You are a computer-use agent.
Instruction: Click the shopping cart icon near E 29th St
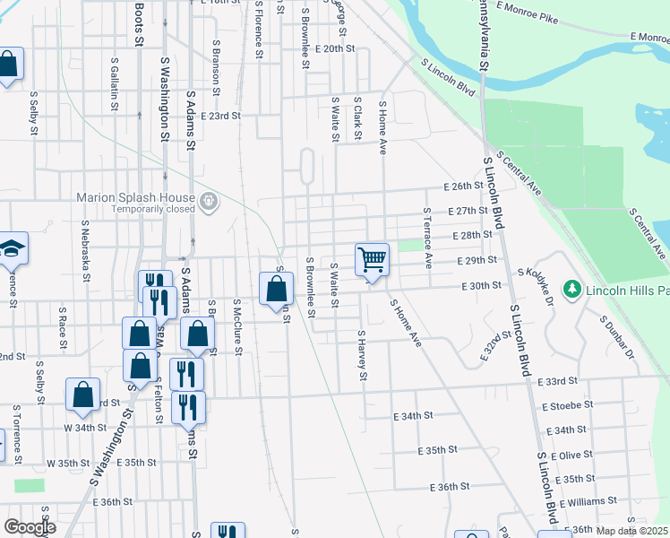point(372,260)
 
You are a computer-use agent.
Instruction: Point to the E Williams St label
point(588,500)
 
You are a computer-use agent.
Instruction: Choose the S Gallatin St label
point(115,83)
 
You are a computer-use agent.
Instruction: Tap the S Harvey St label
point(363,355)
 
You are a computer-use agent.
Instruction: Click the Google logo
point(30,527)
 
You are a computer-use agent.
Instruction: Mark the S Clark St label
point(356,119)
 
